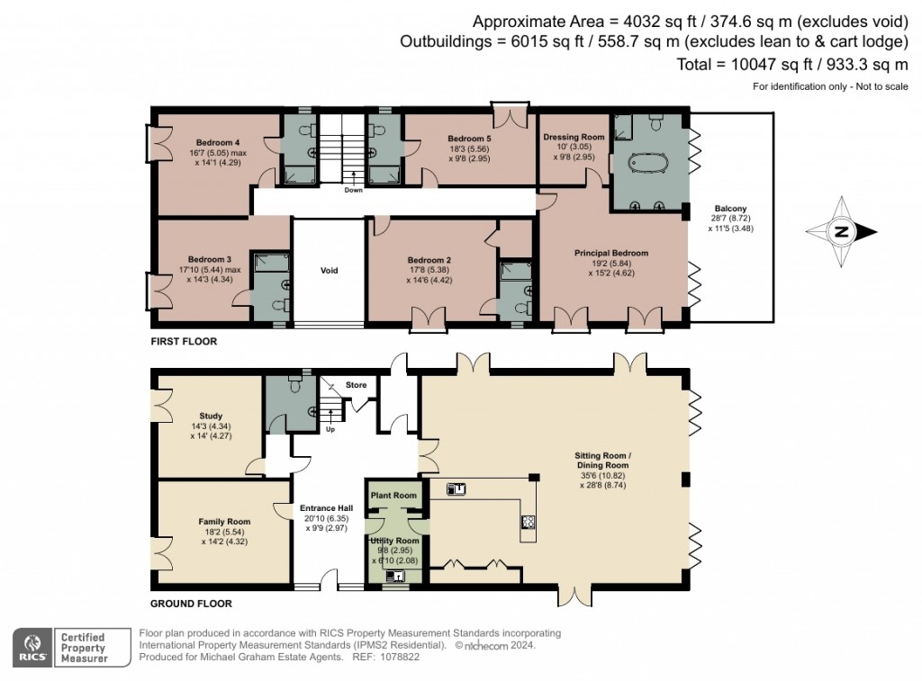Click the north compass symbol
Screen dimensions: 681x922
pos(841,231)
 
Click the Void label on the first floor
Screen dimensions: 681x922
pos(330,270)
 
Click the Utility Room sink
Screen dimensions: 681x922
pos(394,576)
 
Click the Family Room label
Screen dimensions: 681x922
pos(224,521)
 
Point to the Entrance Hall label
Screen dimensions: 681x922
pos(326,508)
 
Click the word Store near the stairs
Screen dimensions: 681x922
pos(357,386)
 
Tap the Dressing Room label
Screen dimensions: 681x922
pos(573,137)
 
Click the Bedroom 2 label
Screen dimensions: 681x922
pos(429,260)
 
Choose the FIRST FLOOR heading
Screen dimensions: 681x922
pos(184,343)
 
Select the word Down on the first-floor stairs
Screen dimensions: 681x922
pos(352,190)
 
